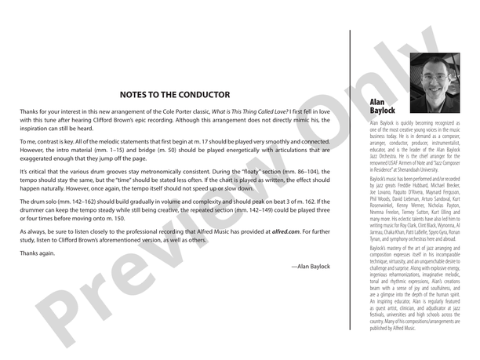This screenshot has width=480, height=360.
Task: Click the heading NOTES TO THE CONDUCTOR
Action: (x=174, y=94)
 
